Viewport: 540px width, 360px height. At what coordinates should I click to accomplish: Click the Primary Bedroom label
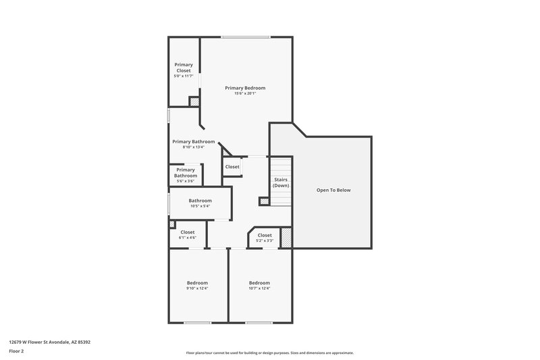pyautogui.click(x=245, y=88)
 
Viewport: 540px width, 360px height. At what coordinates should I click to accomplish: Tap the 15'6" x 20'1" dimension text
pyautogui.click(x=245, y=93)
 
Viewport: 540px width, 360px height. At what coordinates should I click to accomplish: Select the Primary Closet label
pyautogui.click(x=184, y=68)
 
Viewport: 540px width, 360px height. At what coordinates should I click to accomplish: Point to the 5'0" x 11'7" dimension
pyautogui.click(x=184, y=76)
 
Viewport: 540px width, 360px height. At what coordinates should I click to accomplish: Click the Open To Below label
pyautogui.click(x=333, y=190)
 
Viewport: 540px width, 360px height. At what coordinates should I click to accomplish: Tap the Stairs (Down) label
pyautogui.click(x=281, y=182)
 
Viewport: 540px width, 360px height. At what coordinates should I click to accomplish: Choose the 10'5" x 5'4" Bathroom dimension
pyautogui.click(x=200, y=206)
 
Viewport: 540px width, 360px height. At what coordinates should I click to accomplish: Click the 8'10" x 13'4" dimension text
pyautogui.click(x=193, y=147)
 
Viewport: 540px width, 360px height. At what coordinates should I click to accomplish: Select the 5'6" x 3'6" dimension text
pyautogui.click(x=185, y=181)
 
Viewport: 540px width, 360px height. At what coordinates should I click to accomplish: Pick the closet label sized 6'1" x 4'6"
pyautogui.click(x=187, y=232)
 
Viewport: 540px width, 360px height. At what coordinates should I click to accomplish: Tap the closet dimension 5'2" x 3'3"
pyautogui.click(x=265, y=240)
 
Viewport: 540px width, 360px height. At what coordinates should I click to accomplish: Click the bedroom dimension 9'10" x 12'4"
pyautogui.click(x=197, y=288)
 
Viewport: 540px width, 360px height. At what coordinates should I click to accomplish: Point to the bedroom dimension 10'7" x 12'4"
pyautogui.click(x=259, y=288)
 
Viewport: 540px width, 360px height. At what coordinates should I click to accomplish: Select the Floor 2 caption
pyautogui.click(x=16, y=351)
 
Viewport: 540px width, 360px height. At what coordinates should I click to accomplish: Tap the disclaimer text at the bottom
pyautogui.click(x=269, y=353)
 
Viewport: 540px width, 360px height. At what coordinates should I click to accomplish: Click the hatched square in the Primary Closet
pyautogui.click(x=194, y=101)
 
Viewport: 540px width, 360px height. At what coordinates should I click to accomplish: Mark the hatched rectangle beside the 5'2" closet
pyautogui.click(x=286, y=238)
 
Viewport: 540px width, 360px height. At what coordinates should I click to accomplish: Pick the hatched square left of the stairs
pyautogui.click(x=264, y=201)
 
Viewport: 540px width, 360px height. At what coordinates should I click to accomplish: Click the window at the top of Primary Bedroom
pyautogui.click(x=246, y=36)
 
